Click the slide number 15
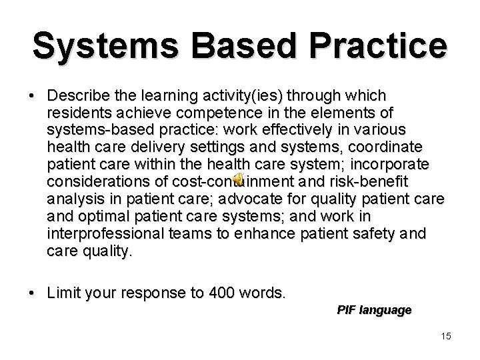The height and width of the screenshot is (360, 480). point(445,335)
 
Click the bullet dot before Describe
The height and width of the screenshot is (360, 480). point(33,95)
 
